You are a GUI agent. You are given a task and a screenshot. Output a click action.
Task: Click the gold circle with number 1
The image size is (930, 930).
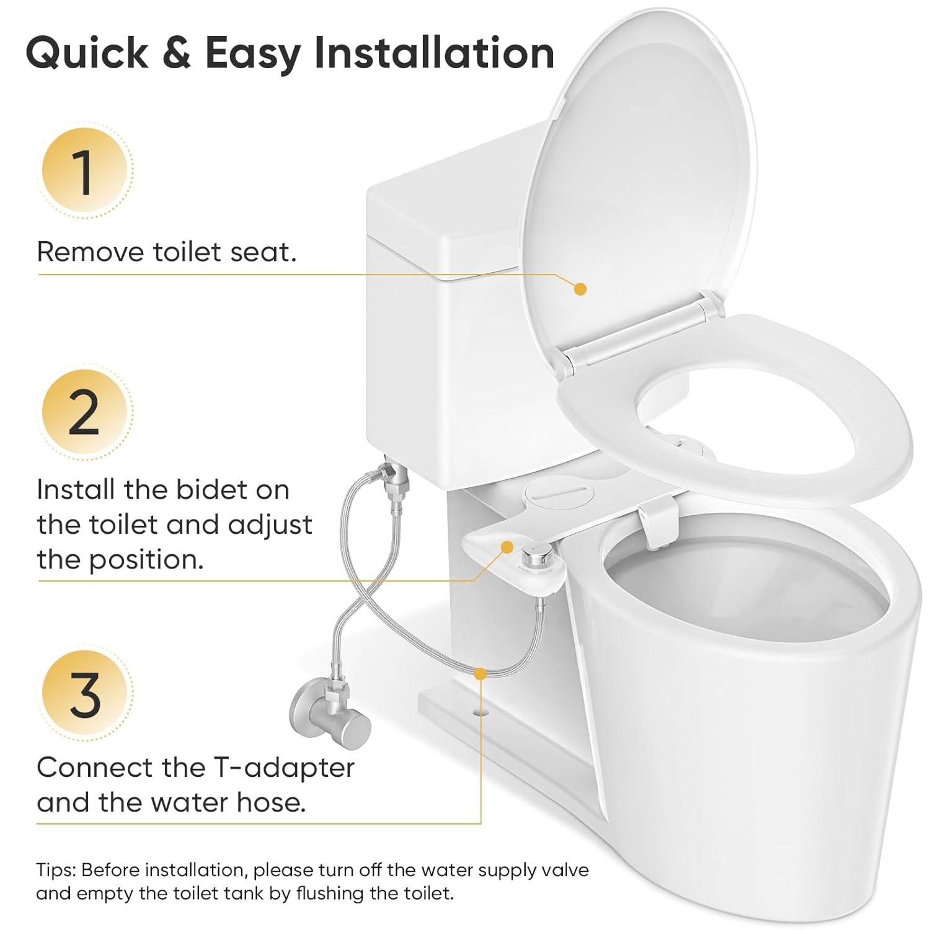point(85,171)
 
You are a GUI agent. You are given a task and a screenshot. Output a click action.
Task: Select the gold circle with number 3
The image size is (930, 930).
point(85,693)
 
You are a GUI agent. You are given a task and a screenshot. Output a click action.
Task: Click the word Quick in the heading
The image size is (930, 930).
point(87,53)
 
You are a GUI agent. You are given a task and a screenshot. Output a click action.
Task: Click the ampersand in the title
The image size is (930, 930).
point(177,53)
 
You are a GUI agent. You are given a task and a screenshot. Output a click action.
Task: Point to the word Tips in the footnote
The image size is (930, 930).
point(55,870)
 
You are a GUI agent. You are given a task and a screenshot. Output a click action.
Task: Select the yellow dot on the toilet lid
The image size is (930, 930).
point(580,289)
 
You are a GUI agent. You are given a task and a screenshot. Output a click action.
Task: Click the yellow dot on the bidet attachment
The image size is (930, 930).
point(507,547)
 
